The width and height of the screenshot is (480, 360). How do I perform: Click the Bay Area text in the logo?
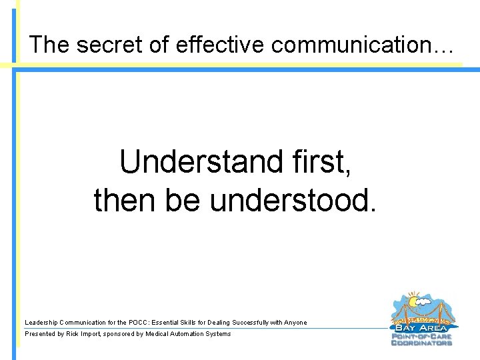pos(421,328)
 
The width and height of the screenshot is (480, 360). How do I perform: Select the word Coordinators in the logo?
pos(421,343)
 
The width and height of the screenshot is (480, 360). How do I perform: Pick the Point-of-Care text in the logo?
pos(421,336)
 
